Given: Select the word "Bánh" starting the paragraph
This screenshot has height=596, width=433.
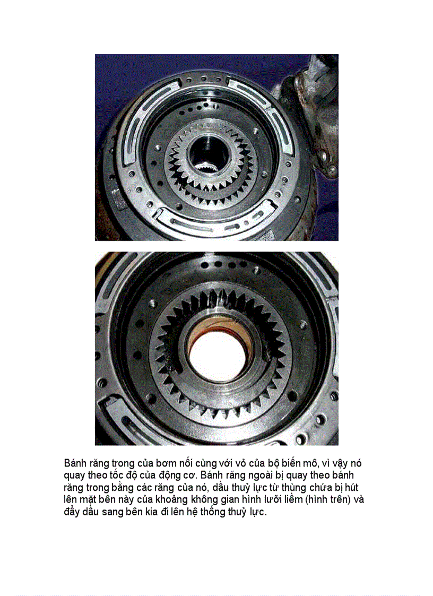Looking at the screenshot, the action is coord(75,464).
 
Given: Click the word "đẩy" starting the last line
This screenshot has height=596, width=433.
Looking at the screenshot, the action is coord(72,512).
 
